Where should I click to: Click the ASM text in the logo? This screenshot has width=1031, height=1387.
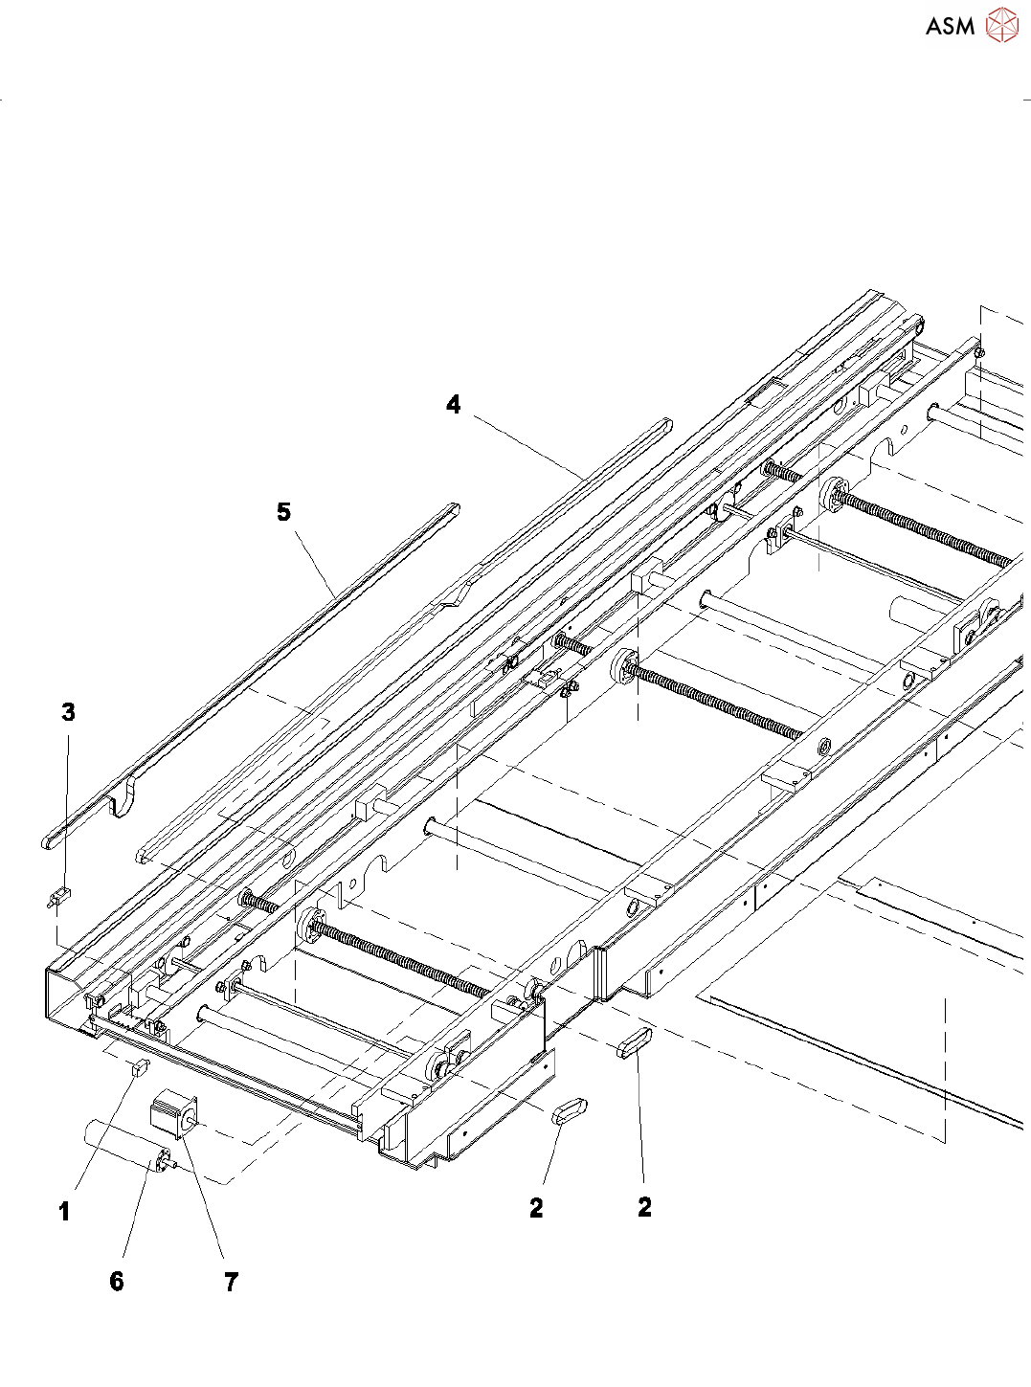click(950, 26)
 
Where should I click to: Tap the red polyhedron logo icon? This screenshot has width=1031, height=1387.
click(1002, 25)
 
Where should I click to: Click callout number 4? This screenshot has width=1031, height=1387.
click(454, 405)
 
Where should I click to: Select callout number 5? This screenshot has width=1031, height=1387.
click(284, 511)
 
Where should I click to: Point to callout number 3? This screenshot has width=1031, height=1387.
click(68, 711)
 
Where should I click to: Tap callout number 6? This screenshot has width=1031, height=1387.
click(117, 1282)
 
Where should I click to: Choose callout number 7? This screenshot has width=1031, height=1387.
click(232, 1283)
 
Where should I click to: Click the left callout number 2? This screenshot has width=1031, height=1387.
click(536, 1209)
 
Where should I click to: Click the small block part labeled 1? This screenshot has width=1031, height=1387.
click(140, 1067)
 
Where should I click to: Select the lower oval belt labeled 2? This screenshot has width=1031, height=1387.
click(570, 1109)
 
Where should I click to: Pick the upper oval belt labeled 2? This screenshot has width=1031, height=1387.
click(635, 1044)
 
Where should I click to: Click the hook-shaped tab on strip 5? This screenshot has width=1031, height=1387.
click(123, 797)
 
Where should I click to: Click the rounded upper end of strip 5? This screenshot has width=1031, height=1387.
click(453, 508)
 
